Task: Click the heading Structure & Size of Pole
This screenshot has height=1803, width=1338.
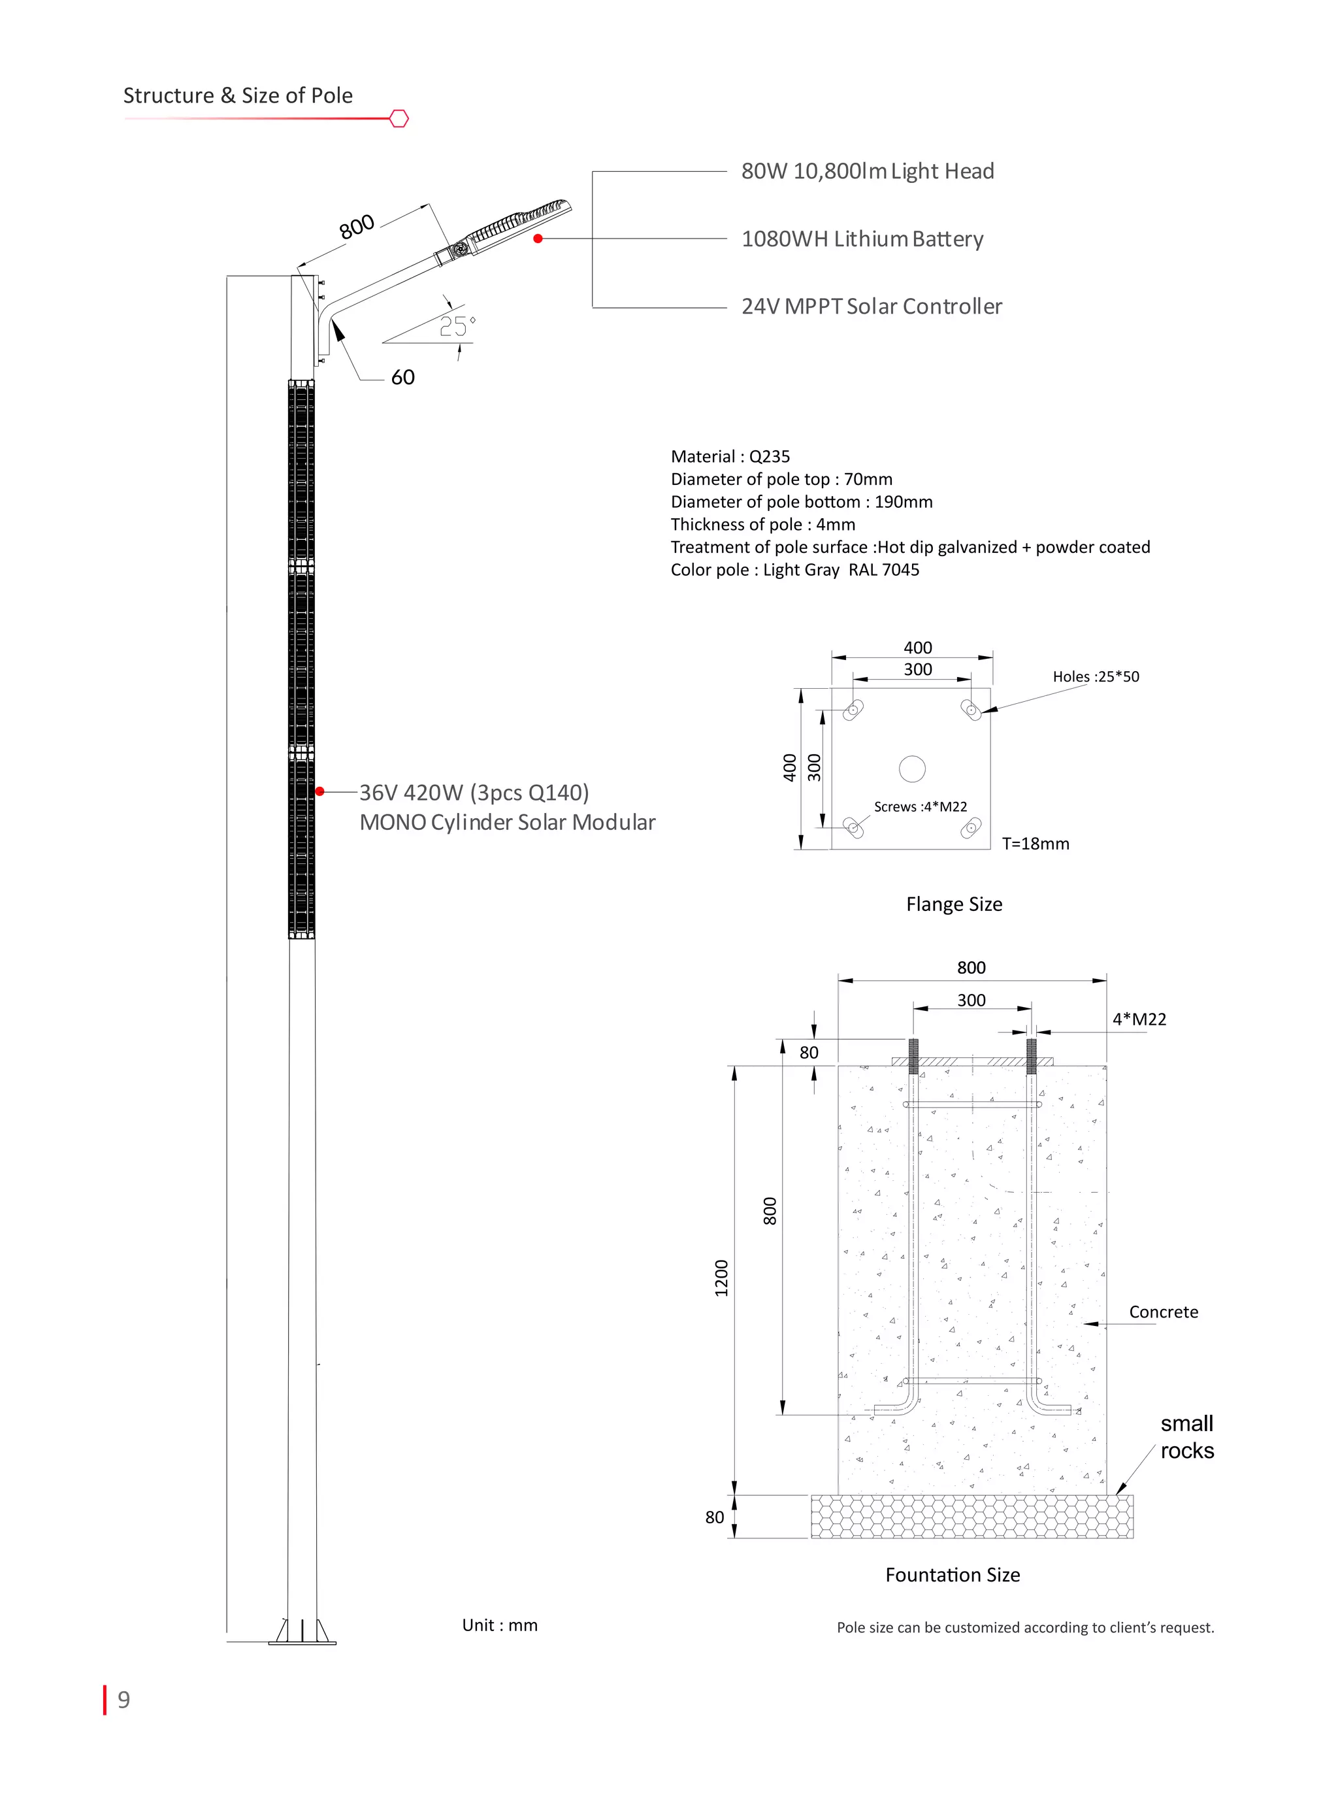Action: pos(237,95)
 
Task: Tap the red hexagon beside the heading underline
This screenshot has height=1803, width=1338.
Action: pos(399,119)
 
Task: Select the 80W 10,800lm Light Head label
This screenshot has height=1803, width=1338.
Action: pos(868,172)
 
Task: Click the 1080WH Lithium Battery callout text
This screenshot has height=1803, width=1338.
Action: pos(862,239)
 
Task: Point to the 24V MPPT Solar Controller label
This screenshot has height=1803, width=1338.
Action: pos(872,306)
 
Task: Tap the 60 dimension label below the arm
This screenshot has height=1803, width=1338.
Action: pos(402,378)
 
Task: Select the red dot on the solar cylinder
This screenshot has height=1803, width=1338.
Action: pos(320,791)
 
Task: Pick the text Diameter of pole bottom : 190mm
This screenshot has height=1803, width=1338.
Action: pos(801,502)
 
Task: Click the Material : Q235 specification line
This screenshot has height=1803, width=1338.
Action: pos(730,457)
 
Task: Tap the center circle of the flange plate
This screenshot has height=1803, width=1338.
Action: pos(912,769)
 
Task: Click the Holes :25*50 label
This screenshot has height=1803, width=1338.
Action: pos(1095,676)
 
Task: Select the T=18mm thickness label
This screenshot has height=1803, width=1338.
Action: pos(1035,844)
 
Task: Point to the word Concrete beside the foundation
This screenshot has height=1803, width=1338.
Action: pos(1163,1312)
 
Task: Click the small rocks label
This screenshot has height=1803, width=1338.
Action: pos(1186,1437)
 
